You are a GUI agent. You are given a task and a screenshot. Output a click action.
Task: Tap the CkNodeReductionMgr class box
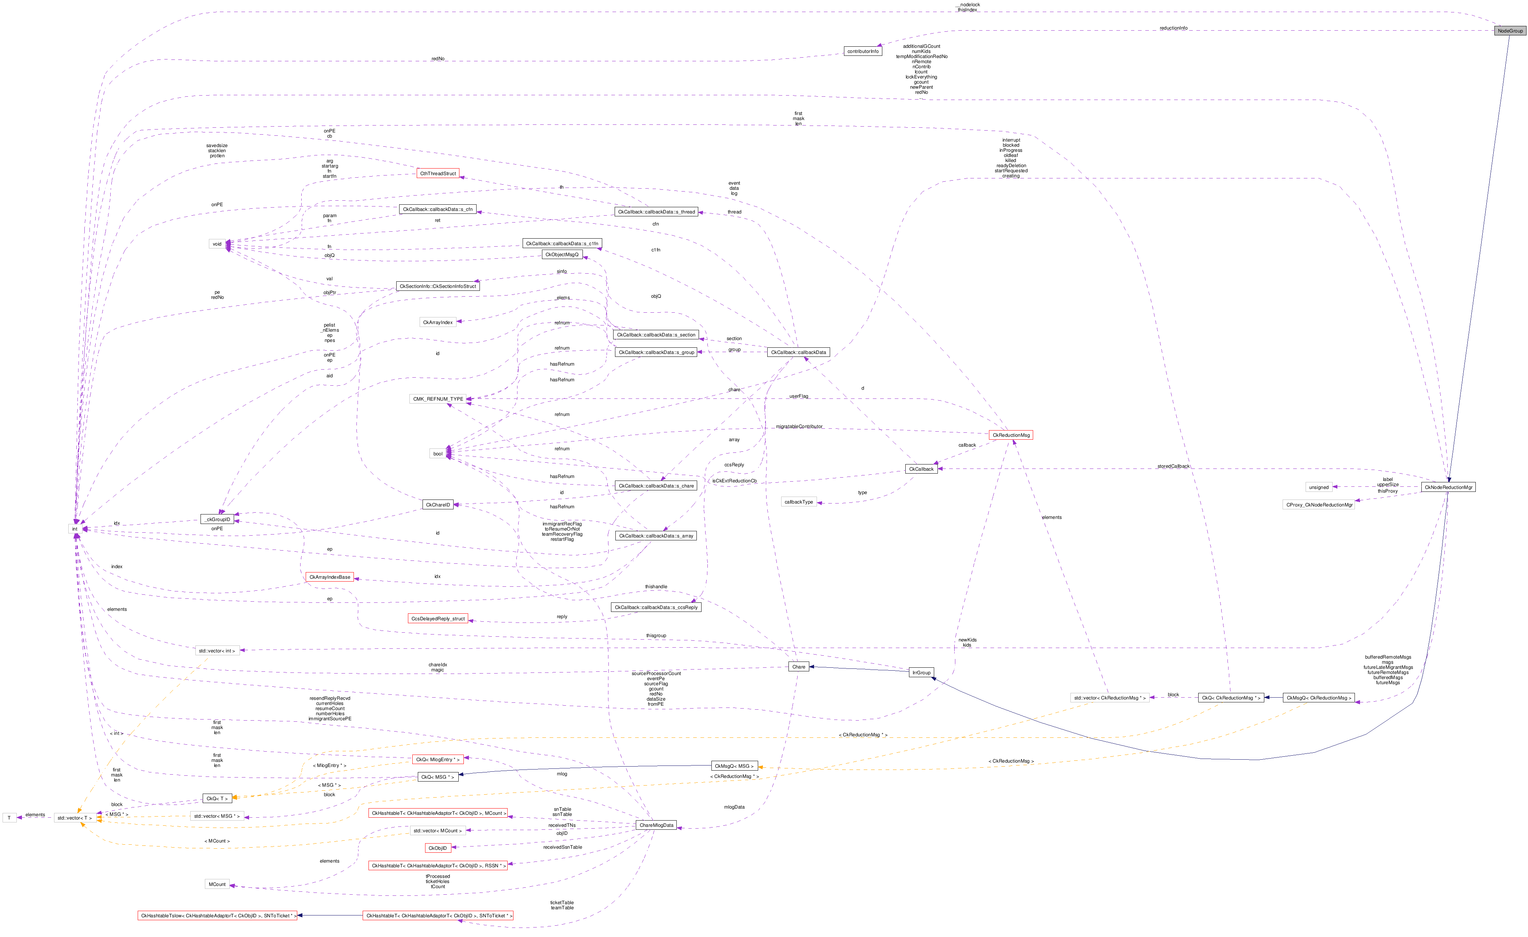point(1448,487)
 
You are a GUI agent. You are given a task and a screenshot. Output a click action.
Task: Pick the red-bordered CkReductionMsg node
point(1011,435)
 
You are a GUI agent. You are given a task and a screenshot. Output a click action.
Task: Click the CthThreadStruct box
point(438,174)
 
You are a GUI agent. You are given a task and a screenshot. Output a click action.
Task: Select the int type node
point(75,529)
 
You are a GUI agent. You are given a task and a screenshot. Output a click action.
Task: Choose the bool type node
point(438,454)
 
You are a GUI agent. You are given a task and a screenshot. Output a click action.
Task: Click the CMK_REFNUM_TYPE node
point(438,399)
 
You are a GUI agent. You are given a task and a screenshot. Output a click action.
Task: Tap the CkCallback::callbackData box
point(798,352)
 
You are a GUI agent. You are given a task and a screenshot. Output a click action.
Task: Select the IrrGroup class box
point(921,672)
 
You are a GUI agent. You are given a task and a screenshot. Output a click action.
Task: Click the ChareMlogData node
point(656,825)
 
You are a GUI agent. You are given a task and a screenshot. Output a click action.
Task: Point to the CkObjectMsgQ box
point(561,255)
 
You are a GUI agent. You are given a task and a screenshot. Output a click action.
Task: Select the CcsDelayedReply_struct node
point(438,618)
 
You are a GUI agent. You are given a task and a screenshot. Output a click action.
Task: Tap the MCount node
point(217,884)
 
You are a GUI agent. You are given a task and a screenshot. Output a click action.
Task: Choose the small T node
point(9,818)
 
